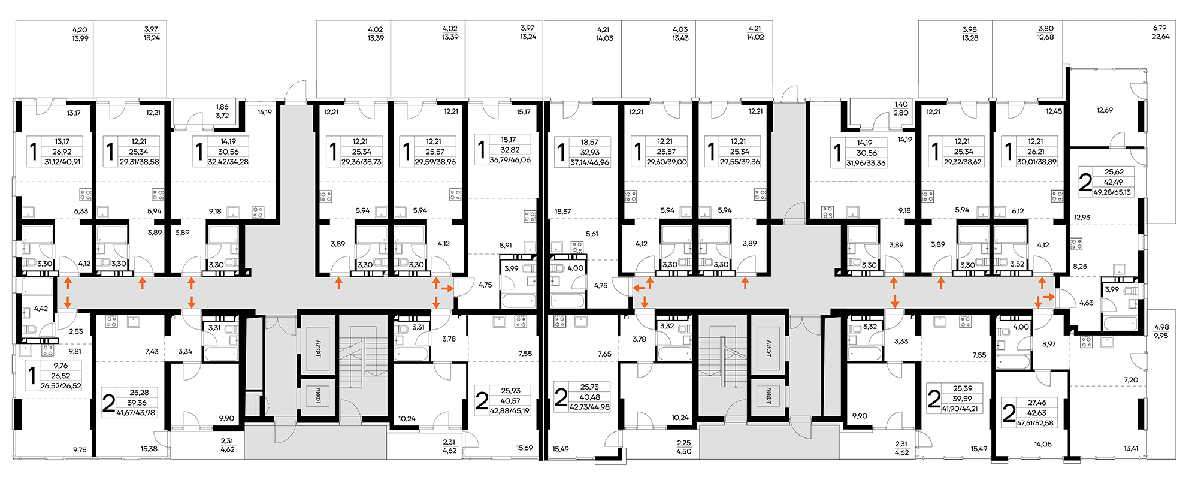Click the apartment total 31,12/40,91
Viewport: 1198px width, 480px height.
click(x=62, y=162)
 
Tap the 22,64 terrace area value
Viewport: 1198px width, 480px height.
click(x=1160, y=37)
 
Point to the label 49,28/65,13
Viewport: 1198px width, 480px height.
click(x=1112, y=192)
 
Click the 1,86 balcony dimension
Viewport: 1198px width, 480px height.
click(x=222, y=107)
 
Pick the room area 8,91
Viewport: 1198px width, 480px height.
click(x=506, y=246)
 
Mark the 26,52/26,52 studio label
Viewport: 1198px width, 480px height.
click(x=60, y=386)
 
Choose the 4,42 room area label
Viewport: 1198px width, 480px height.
click(x=41, y=309)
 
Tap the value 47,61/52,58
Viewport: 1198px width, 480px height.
click(x=1035, y=423)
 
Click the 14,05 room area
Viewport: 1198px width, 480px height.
click(x=1043, y=445)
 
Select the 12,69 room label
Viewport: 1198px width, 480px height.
click(x=1105, y=110)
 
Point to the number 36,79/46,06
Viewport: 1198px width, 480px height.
click(x=510, y=160)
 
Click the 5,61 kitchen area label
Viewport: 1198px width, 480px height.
click(x=592, y=234)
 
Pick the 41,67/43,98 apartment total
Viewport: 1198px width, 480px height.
click(x=136, y=413)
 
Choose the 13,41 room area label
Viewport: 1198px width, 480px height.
click(x=1131, y=448)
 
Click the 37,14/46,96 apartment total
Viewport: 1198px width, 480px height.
click(x=589, y=162)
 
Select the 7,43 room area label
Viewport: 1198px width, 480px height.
click(x=152, y=351)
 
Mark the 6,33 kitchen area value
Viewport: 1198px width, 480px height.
click(x=81, y=211)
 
